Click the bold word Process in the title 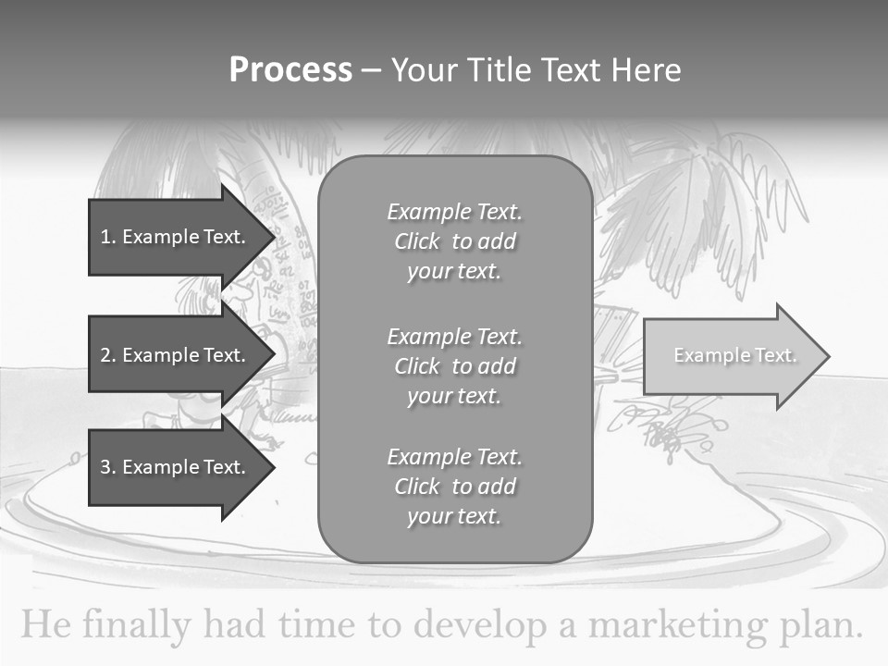point(290,70)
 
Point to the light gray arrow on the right point(735,356)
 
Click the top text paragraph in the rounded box point(454,241)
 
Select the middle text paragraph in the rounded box point(454,366)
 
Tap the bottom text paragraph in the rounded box point(454,487)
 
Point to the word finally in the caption point(135,625)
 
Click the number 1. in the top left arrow point(108,237)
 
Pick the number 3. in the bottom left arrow point(108,467)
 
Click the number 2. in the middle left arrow point(108,355)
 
